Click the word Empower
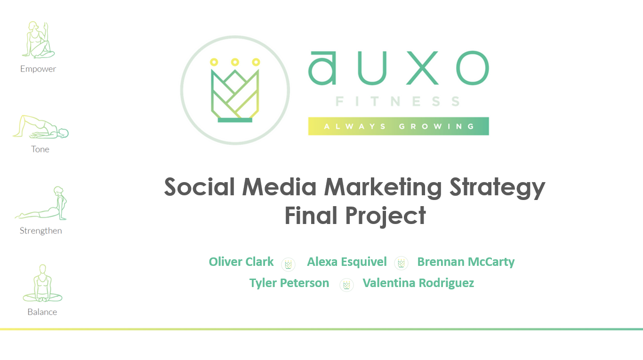(38, 69)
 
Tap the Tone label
(40, 149)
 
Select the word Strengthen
(40, 231)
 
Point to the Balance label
(42, 312)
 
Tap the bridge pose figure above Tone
(40, 127)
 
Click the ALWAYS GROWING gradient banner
(398, 126)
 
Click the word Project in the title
(385, 216)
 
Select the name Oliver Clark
(241, 262)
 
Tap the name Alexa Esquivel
(347, 262)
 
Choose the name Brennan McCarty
(466, 262)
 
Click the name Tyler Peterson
(289, 283)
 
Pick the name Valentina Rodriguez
(418, 283)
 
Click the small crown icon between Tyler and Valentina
(346, 285)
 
